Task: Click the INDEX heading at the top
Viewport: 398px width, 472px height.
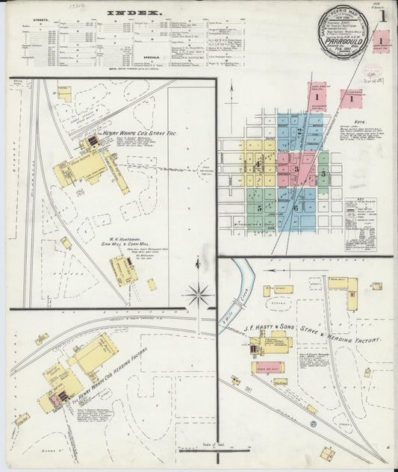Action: pos(134,13)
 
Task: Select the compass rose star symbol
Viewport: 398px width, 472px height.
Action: pos(199,294)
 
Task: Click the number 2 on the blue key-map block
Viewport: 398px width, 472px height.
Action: pos(299,131)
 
